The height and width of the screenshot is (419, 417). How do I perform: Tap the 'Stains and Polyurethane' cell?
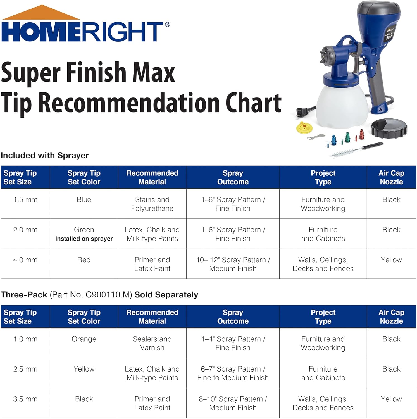point(152,204)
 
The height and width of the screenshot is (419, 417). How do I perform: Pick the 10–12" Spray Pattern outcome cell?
point(233,264)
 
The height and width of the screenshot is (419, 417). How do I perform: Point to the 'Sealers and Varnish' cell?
point(152,343)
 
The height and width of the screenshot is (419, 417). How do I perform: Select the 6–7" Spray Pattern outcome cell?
point(233,373)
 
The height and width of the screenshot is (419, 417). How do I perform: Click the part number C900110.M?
point(109,295)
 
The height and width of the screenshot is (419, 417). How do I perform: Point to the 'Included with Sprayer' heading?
point(45,155)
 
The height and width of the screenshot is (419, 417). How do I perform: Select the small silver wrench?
point(316,137)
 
